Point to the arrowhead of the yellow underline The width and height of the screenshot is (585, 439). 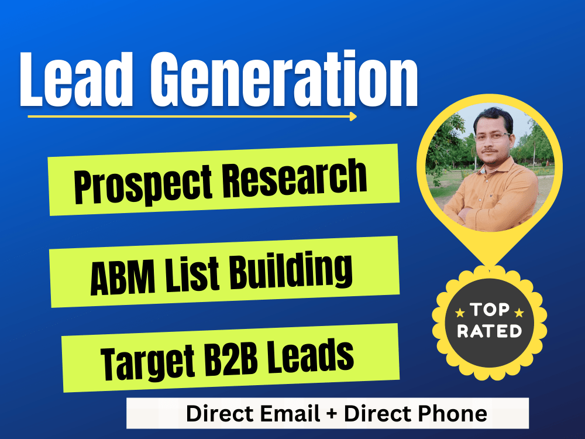(353, 116)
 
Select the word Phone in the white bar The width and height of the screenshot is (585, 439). (457, 414)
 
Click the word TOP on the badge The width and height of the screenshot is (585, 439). (489, 310)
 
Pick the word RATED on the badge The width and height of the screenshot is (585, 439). (489, 331)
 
